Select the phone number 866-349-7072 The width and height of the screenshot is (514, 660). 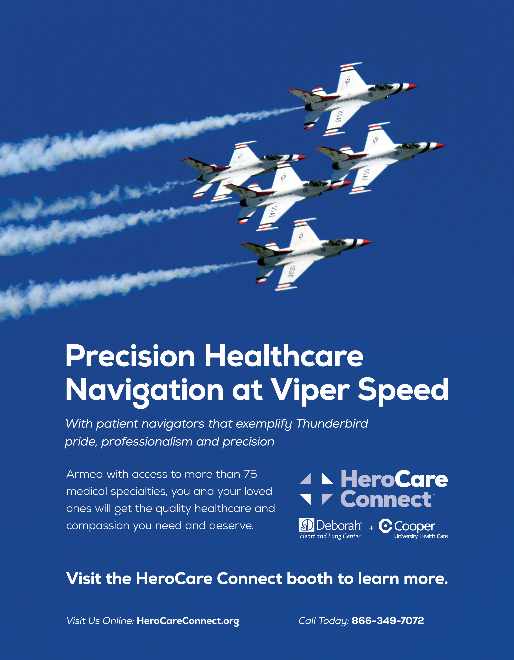click(388, 621)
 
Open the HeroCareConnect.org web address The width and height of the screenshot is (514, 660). click(188, 621)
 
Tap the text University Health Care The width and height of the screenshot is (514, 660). click(421, 536)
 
